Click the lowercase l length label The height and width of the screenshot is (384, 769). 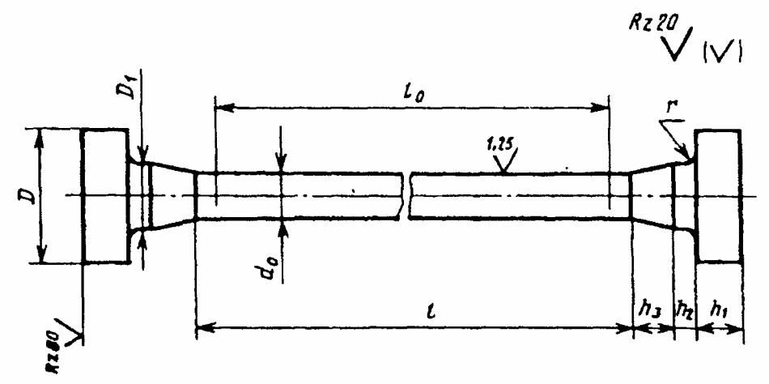[414, 309]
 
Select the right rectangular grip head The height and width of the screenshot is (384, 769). [718, 195]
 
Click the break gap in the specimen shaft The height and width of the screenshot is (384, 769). [406, 196]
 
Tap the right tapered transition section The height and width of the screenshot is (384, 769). [652, 195]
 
